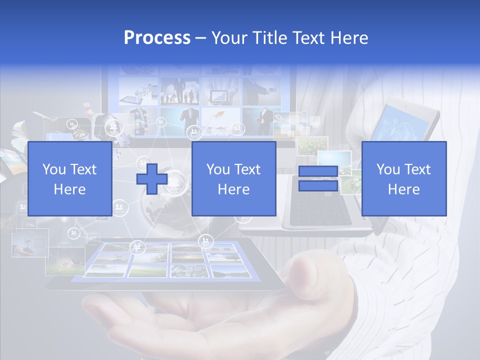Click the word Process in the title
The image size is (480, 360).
[x=157, y=38]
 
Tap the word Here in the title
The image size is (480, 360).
[x=349, y=38]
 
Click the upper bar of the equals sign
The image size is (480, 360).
[x=318, y=171]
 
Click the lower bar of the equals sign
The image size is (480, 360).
[x=318, y=186]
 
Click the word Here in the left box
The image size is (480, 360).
[x=69, y=189]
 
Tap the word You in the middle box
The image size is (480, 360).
[x=218, y=169]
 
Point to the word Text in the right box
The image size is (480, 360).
[x=418, y=169]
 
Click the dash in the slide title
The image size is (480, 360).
[x=200, y=38]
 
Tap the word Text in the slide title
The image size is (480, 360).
[x=309, y=38]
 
